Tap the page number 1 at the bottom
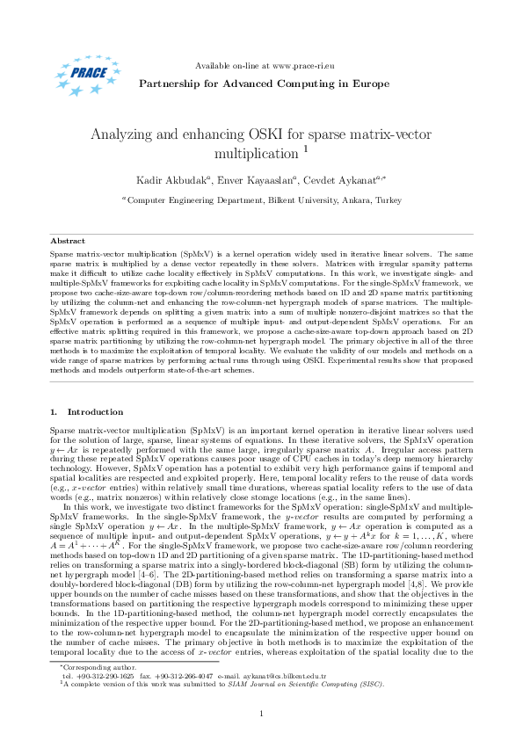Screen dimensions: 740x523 [x=262, y=713]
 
